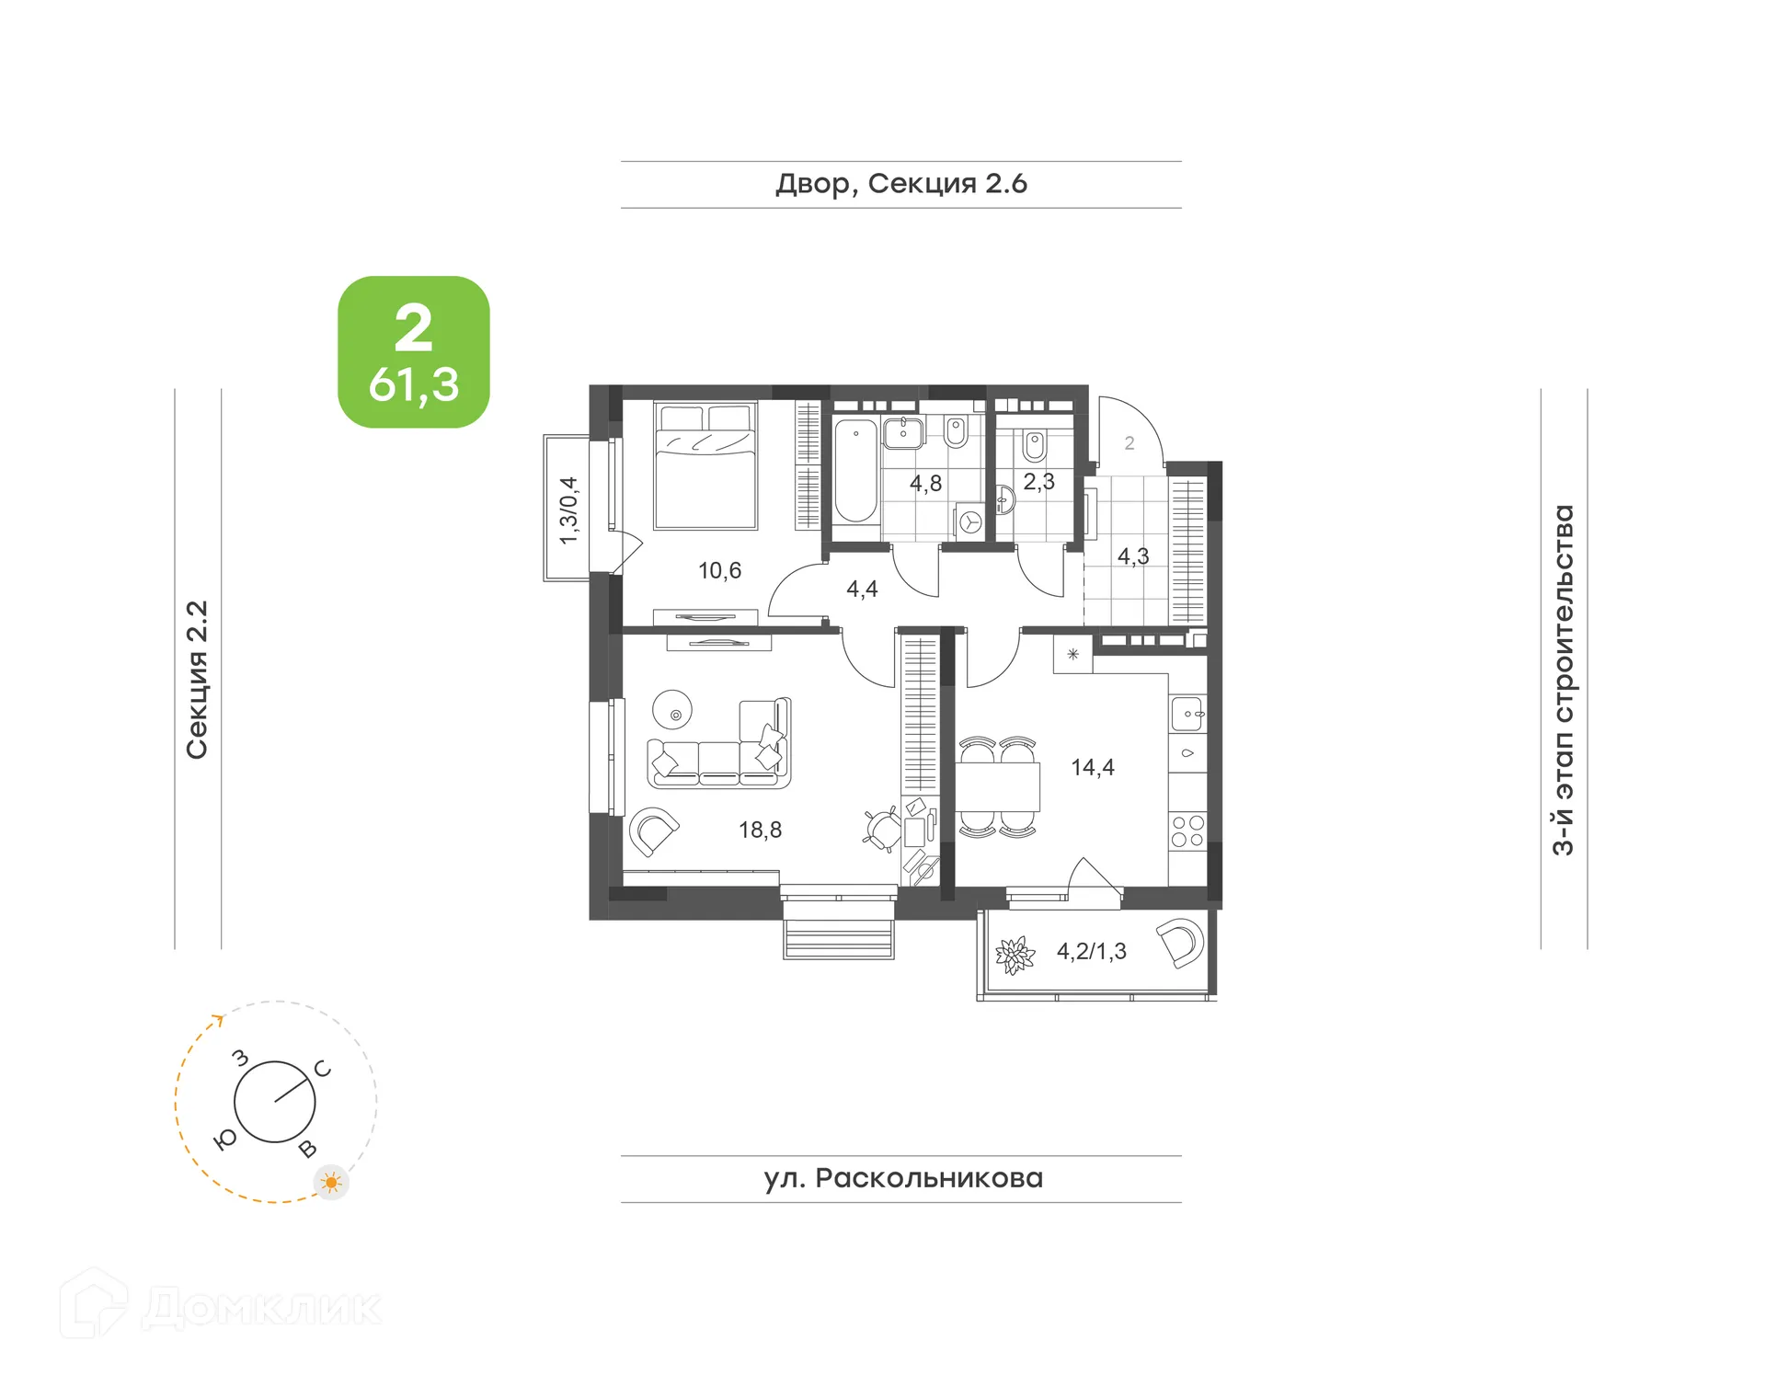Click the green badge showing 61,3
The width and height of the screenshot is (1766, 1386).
click(413, 351)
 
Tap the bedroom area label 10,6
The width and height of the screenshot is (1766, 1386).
click(719, 570)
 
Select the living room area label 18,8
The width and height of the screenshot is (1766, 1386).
click(760, 830)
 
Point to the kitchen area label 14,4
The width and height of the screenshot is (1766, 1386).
click(1092, 767)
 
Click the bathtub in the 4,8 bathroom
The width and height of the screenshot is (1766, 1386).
click(855, 471)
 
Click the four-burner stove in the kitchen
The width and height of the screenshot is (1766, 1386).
click(1187, 830)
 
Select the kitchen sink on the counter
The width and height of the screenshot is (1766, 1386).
click(1187, 714)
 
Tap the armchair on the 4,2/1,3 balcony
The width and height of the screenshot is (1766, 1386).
click(1181, 942)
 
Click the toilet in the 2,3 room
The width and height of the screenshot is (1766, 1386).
click(1035, 447)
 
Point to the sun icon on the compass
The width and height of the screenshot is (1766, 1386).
click(331, 1182)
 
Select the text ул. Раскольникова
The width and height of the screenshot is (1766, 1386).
click(902, 1178)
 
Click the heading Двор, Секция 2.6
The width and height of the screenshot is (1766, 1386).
click(900, 184)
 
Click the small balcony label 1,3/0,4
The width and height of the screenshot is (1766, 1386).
click(568, 510)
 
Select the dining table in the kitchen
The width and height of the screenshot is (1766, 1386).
click(997, 785)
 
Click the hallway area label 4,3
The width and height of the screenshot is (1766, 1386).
click(1132, 556)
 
